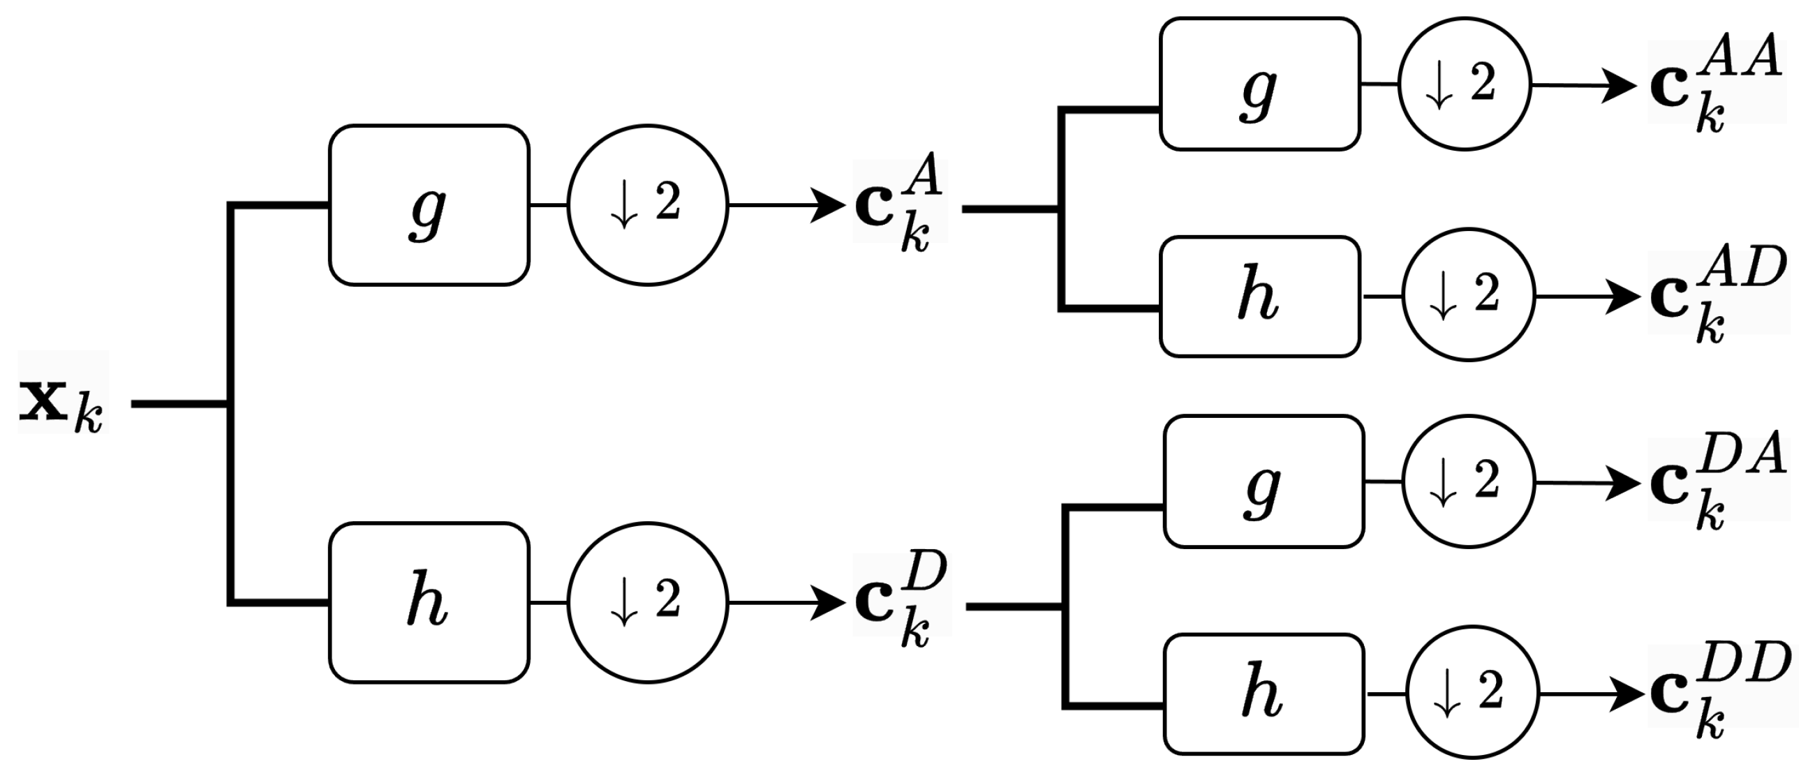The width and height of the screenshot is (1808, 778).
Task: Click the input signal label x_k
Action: click(61, 404)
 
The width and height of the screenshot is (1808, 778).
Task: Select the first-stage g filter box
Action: click(429, 206)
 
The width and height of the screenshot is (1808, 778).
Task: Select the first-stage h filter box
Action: click(429, 603)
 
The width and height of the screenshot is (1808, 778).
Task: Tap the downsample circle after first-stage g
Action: click(647, 206)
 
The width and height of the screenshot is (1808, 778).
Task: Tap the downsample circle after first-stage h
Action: click(647, 603)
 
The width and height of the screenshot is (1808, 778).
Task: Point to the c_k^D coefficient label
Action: click(901, 600)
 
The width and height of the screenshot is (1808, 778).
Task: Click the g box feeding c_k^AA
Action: click(1260, 85)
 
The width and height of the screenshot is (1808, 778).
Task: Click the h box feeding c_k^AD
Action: click(1260, 297)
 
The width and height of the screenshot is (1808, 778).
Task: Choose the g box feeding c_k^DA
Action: click(1264, 481)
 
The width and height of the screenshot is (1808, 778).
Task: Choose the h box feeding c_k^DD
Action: click(1264, 694)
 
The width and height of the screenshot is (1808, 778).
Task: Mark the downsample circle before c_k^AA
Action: click(1464, 85)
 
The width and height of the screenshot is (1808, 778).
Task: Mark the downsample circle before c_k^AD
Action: click(1468, 295)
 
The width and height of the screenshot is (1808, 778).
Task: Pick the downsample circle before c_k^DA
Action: click(1468, 482)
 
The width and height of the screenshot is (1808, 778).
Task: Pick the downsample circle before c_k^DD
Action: click(1472, 693)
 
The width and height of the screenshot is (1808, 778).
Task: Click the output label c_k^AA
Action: click(1715, 83)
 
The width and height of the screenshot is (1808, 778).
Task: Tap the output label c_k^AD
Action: click(1717, 294)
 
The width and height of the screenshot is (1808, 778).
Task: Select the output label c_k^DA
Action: click(1718, 481)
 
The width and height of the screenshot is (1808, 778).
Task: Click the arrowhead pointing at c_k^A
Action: click(828, 206)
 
